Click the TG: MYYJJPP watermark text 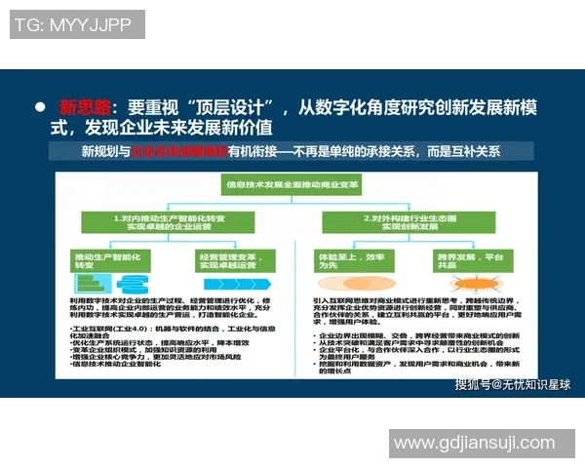point(71,24)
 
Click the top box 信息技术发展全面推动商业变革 point(292,182)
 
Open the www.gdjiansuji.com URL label point(474,444)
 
